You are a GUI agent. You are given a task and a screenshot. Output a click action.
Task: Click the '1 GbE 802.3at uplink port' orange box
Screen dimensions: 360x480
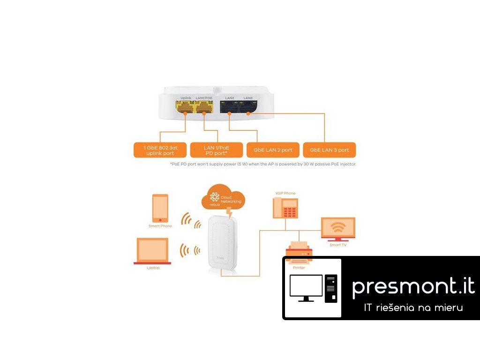pos(159,150)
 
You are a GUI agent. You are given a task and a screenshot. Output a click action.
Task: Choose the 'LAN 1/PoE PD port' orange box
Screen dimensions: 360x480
pos(216,150)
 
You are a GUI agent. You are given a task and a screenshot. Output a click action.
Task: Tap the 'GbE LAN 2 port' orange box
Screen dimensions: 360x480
pos(273,150)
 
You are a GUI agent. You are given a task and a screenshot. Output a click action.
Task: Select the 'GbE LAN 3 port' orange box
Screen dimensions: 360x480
pos(329,150)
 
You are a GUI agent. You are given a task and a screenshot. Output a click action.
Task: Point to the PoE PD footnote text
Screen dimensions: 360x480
pos(263,165)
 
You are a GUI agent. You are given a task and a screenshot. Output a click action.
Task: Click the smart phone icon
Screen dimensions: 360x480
pos(160,209)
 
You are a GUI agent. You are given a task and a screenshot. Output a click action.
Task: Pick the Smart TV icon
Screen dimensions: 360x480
pos(337,229)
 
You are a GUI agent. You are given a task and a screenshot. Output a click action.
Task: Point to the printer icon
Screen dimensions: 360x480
pos(299,254)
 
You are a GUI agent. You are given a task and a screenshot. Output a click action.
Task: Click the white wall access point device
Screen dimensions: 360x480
pos(219,244)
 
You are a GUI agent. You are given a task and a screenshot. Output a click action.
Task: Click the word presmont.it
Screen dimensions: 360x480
pos(413,286)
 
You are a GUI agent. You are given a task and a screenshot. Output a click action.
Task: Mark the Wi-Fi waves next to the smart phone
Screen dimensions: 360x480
pos(190,220)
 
